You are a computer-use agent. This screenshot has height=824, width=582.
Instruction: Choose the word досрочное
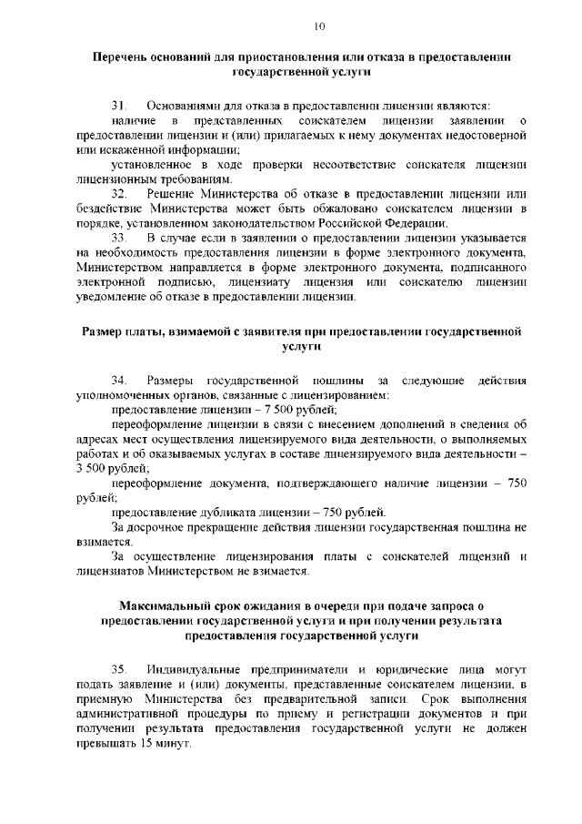coord(154,526)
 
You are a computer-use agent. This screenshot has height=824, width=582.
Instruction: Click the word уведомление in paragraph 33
coord(112,297)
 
